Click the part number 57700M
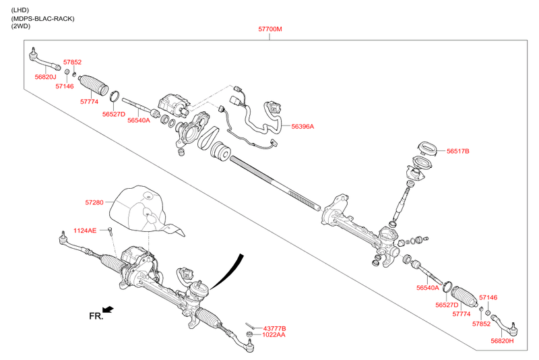coord(269,30)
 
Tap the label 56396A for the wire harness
coord(303,126)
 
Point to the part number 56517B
coord(458,152)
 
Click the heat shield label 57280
coord(94,202)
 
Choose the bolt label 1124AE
coord(85,231)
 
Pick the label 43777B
coord(274,328)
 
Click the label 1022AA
coord(274,334)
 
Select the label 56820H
coord(502,341)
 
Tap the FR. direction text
coord(96,316)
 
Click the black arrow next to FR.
coord(108,309)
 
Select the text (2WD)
coord(21,28)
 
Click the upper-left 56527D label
coord(114,115)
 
